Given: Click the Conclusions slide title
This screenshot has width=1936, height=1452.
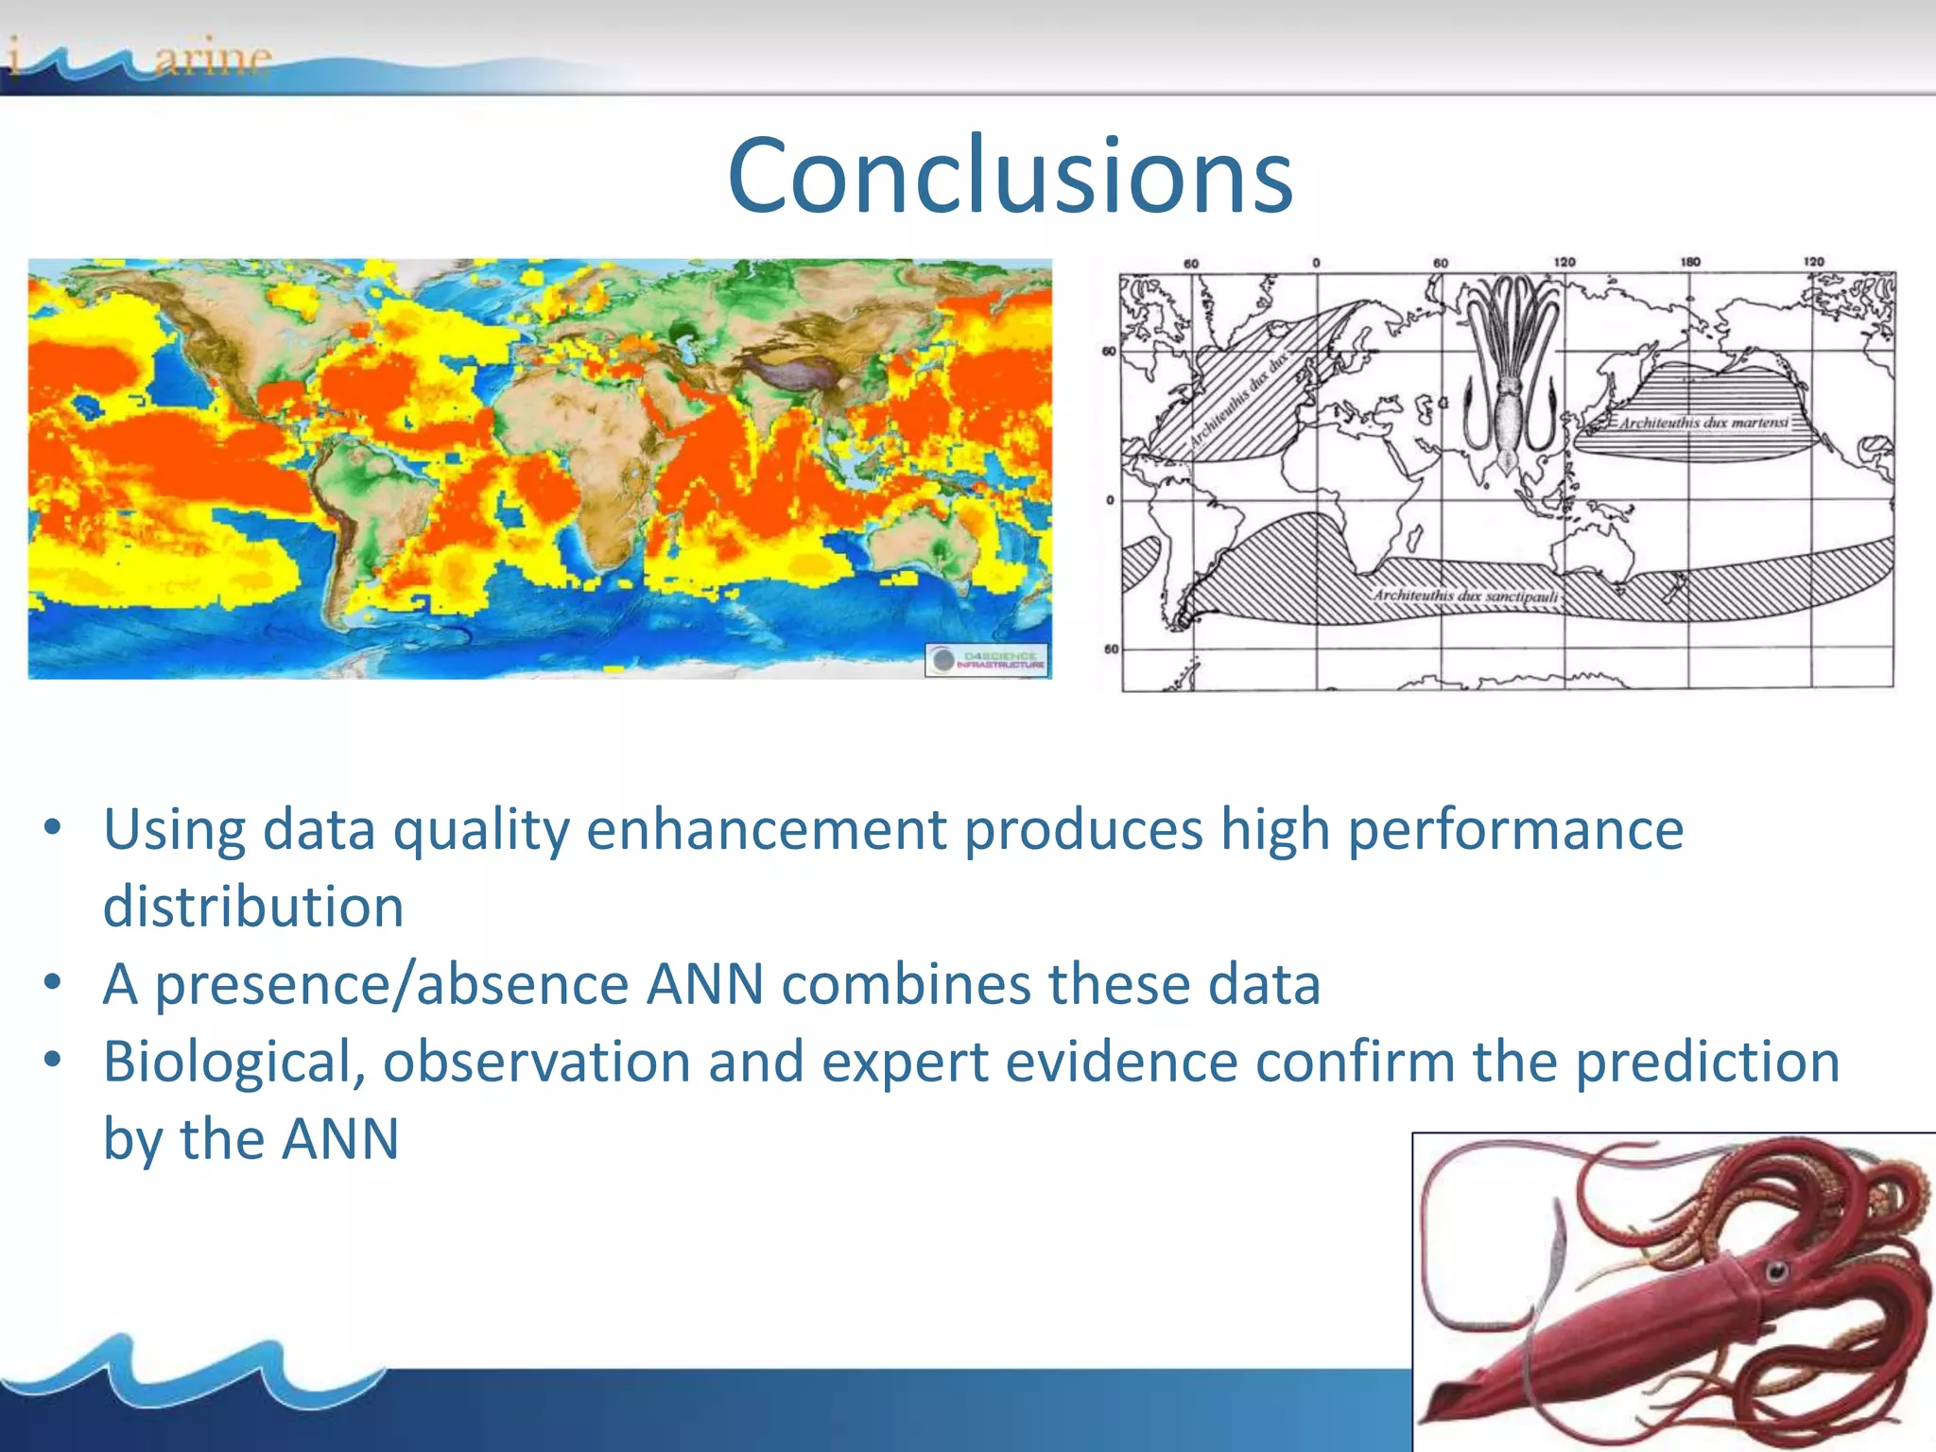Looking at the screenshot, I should pyautogui.click(x=1010, y=176).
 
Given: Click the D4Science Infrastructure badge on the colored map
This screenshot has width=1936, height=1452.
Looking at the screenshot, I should pyautogui.click(x=987, y=659).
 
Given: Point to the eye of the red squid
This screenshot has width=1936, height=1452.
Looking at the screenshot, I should pyautogui.click(x=1776, y=1270).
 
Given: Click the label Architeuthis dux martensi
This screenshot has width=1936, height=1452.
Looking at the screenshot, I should pyautogui.click(x=1703, y=423).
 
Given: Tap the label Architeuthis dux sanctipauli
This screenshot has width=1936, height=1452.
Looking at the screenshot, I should pyautogui.click(x=1465, y=596).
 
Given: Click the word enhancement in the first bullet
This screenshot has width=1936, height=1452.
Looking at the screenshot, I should pyautogui.click(x=766, y=829).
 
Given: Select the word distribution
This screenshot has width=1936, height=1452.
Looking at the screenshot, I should pyautogui.click(x=253, y=907).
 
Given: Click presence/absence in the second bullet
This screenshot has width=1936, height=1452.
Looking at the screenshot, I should pyautogui.click(x=391, y=984).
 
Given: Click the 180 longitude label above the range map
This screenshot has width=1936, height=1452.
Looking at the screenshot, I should pyautogui.click(x=1690, y=262).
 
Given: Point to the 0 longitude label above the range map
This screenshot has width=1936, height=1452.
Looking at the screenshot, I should pyautogui.click(x=1316, y=263).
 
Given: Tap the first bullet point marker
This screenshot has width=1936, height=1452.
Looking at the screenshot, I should pyautogui.click(x=53, y=829).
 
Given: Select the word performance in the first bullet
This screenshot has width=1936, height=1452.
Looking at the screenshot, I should pyautogui.click(x=1515, y=829).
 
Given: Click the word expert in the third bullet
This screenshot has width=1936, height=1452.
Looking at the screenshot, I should pyautogui.click(x=904, y=1062).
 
